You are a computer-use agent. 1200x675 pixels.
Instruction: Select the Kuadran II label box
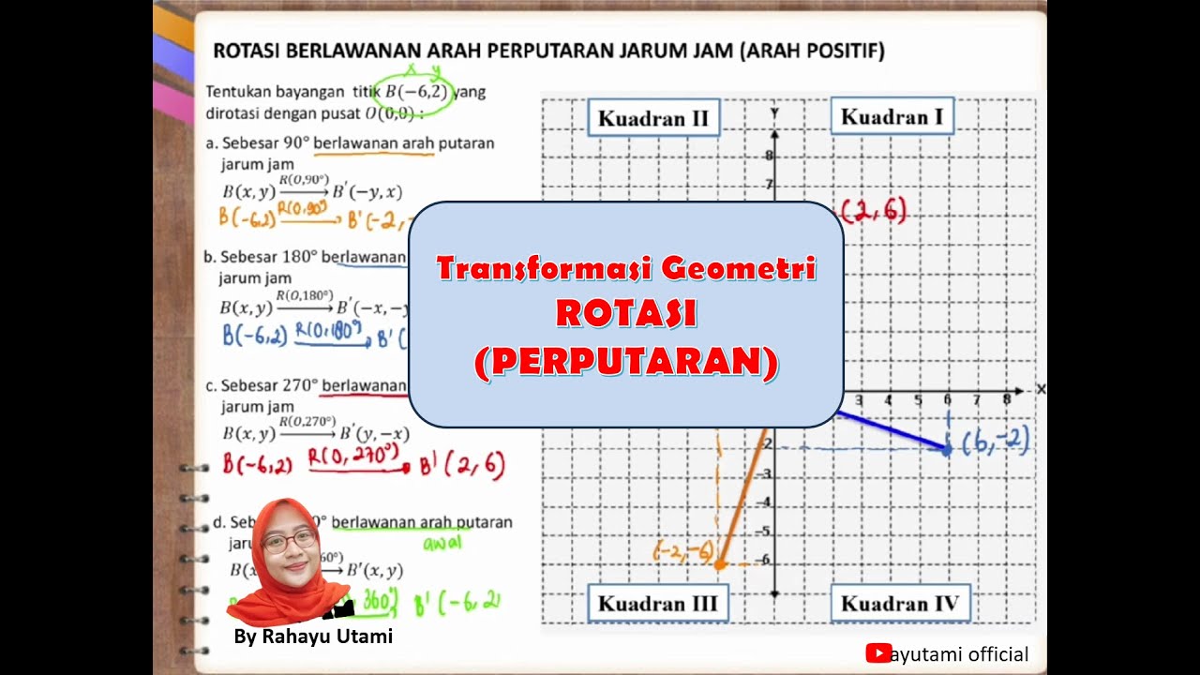[652, 118]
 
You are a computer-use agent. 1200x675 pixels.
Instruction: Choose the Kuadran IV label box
[899, 604]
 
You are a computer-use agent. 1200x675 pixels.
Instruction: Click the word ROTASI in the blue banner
[626, 313]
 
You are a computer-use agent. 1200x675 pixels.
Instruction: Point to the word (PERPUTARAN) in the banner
[626, 362]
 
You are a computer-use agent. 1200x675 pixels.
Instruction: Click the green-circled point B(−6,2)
[417, 92]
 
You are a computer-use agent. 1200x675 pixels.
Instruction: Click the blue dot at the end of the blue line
[947, 450]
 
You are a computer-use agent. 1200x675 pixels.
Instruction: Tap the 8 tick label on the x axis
[1006, 400]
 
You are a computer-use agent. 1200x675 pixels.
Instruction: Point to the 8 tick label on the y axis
[769, 157]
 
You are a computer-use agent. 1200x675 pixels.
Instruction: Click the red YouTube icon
[877, 653]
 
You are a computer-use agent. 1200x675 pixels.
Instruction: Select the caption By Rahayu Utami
[313, 637]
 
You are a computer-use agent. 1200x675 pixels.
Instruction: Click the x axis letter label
[1041, 389]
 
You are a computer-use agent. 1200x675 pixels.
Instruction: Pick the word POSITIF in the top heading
[845, 51]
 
